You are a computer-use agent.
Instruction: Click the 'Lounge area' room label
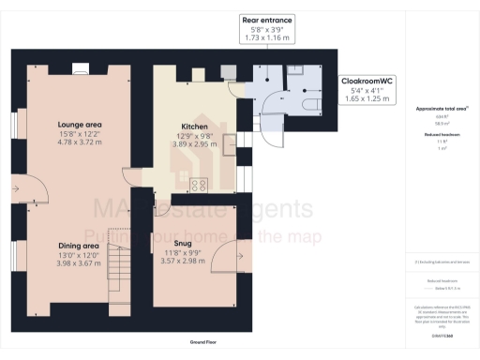[79, 124]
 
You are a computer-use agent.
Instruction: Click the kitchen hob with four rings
[198, 185]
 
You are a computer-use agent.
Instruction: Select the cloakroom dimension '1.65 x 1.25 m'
[367, 97]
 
